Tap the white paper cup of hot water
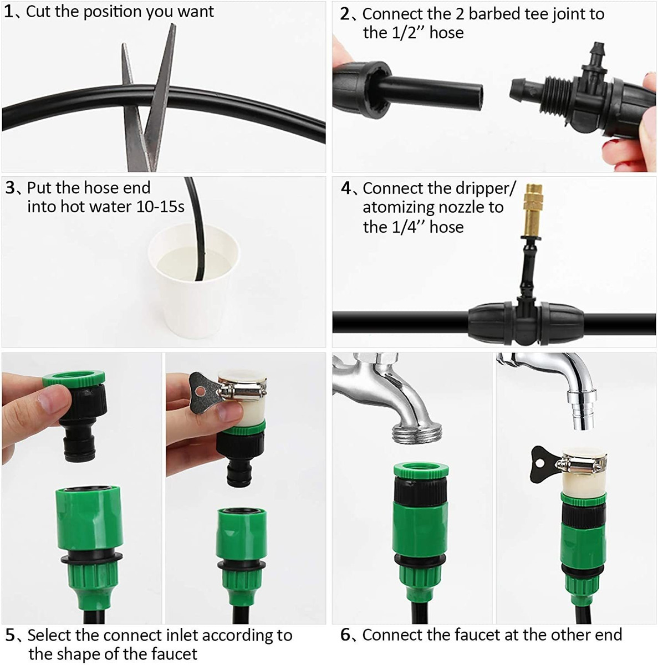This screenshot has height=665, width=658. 193,279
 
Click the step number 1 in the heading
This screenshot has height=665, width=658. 9,12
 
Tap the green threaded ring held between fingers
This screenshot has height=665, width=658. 74,379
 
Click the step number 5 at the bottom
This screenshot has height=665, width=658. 11,635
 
